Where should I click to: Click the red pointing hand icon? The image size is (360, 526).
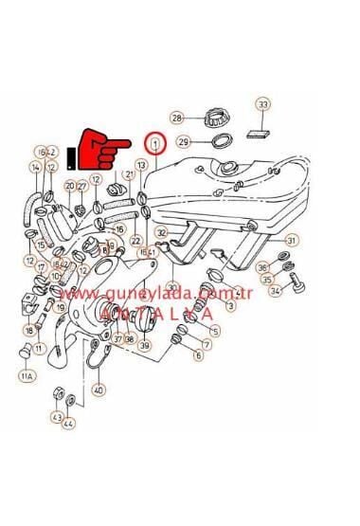coord(106,148)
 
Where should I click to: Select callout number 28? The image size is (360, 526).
coord(176,118)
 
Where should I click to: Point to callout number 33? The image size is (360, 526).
coord(262,103)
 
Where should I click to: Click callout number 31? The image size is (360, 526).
coord(292,240)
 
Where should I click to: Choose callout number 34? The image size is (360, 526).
coord(275,291)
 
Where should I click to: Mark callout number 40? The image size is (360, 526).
coord(99,389)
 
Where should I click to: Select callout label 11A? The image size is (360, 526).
coord(26,376)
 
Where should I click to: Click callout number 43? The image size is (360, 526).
coord(56,417)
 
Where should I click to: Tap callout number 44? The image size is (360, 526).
coord(68,424)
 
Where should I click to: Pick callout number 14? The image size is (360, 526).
coord(36,168)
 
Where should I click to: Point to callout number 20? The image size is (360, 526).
coord(70,186)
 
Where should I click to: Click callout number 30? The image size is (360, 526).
coord(172,286)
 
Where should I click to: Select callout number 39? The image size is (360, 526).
coord(144,346)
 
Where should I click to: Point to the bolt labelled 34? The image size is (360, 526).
coord(297,281)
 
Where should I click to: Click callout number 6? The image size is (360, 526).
coord(198,356)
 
